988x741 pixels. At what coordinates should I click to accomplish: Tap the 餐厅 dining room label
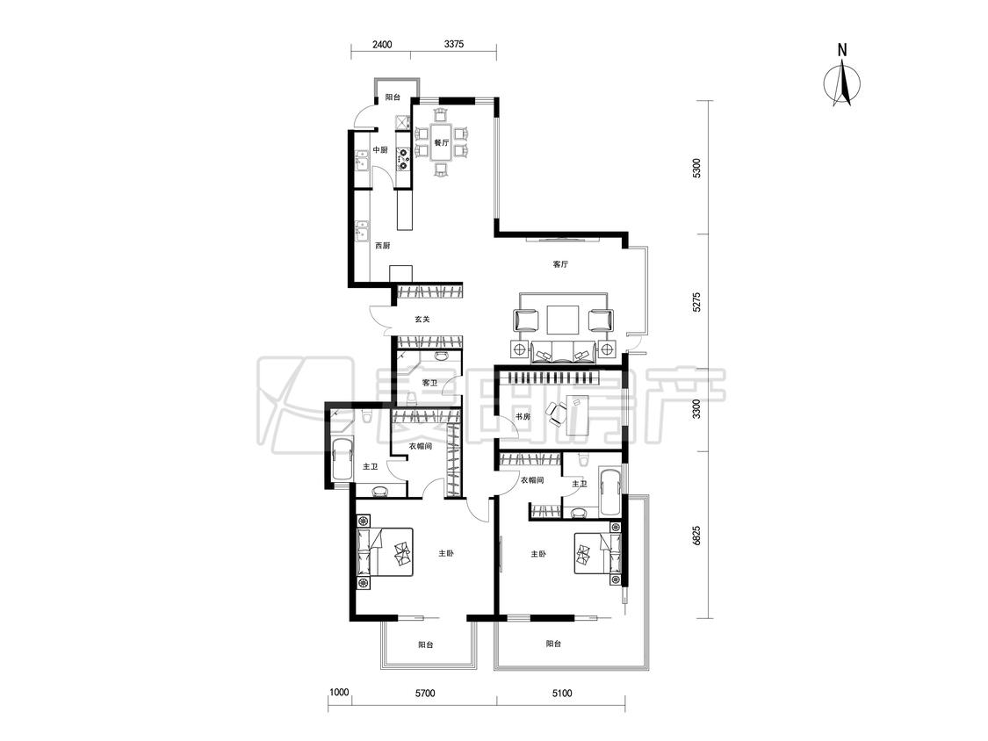coord(441,142)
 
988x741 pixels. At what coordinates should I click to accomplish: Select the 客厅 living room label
coord(560,264)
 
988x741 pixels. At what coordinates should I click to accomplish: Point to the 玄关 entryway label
coord(422,320)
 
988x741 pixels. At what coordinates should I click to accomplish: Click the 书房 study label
coord(523,416)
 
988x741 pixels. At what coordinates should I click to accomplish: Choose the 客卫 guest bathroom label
coord(429,383)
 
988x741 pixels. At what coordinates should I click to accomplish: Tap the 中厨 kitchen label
coord(380,150)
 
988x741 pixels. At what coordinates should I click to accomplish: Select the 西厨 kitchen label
coord(383,246)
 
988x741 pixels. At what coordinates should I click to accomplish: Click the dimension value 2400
coord(382,44)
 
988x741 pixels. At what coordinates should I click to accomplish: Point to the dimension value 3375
coord(454,44)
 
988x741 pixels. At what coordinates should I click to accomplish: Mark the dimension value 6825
coord(696,535)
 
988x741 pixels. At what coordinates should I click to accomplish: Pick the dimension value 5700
coord(425,694)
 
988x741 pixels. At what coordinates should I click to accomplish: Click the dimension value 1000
coord(339,693)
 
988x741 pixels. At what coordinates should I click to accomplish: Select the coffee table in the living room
coord(563,320)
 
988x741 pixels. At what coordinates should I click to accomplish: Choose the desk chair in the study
coord(557,413)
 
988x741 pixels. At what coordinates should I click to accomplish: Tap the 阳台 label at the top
coord(393,97)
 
